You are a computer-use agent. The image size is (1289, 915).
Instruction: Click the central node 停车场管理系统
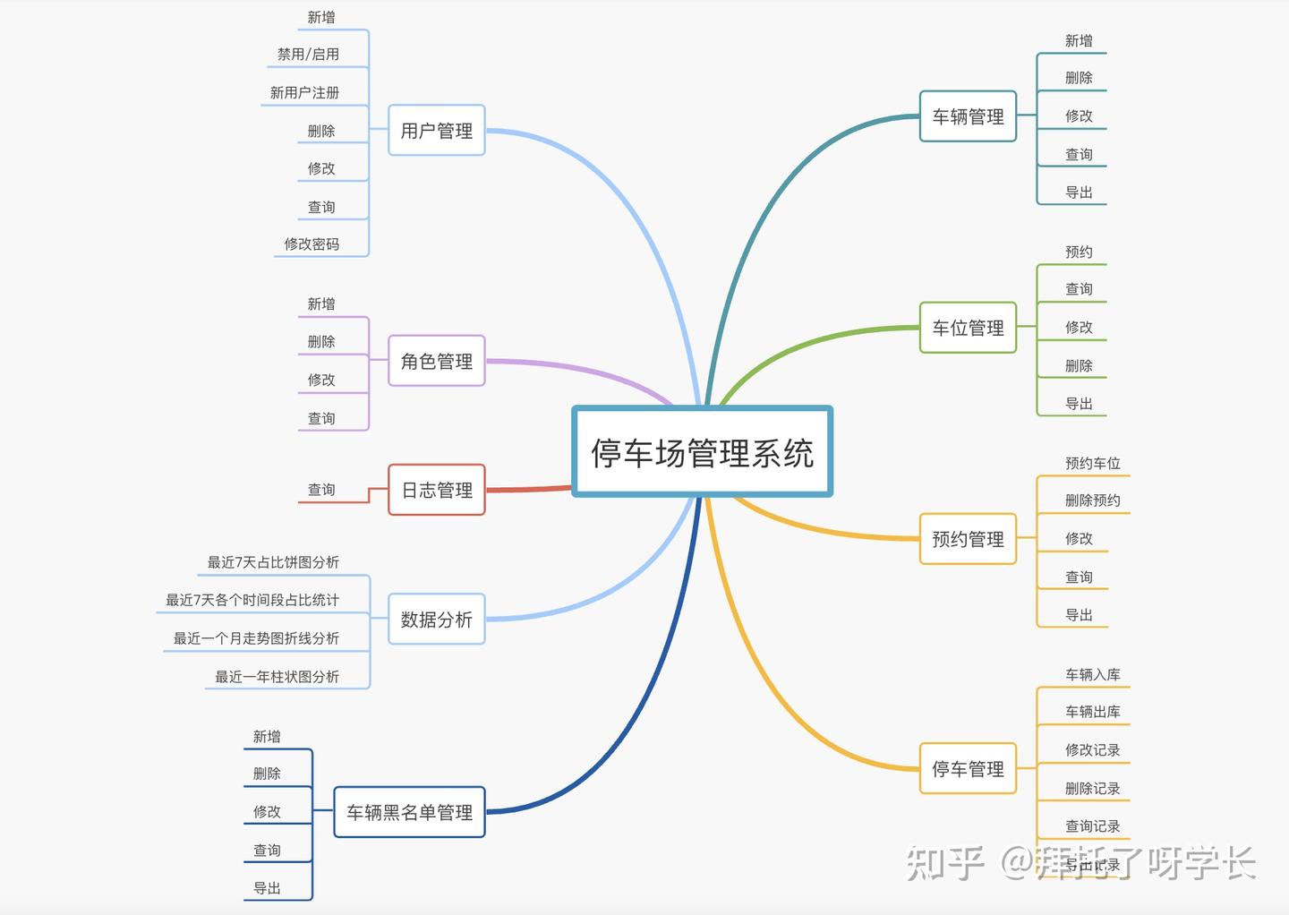pyautogui.click(x=703, y=452)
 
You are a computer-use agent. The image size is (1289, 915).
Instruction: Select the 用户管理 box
pyautogui.click(x=437, y=131)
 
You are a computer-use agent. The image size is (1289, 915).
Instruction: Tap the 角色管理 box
pyautogui.click(x=437, y=361)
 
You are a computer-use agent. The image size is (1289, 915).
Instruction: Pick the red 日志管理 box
pyautogui.click(x=437, y=490)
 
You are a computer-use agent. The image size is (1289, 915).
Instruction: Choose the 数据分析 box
pyautogui.click(x=437, y=619)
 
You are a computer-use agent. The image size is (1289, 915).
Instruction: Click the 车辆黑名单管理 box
pyautogui.click(x=409, y=812)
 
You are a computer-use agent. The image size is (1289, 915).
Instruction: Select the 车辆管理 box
pyautogui.click(x=968, y=116)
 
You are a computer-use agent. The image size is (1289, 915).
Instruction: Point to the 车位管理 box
pyautogui.click(x=968, y=328)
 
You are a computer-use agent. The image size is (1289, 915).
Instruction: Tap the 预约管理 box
pyautogui.click(x=968, y=539)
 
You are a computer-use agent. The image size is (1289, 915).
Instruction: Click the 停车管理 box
pyautogui.click(x=968, y=768)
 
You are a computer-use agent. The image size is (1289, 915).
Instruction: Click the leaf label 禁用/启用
pyautogui.click(x=308, y=54)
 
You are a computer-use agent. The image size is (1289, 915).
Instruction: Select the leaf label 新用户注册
pyautogui.click(x=304, y=92)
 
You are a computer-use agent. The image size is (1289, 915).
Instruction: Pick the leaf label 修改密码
pyautogui.click(x=312, y=244)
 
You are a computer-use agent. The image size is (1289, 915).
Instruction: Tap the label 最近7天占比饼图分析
pyautogui.click(x=273, y=561)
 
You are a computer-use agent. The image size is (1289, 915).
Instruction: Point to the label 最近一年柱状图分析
pyautogui.click(x=277, y=676)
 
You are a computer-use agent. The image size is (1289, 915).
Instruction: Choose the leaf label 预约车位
pyautogui.click(x=1092, y=463)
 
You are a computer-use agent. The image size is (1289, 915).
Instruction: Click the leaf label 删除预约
pyautogui.click(x=1092, y=500)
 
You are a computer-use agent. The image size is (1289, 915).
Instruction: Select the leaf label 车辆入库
pyautogui.click(x=1092, y=674)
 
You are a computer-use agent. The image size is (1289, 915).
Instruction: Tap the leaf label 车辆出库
pyautogui.click(x=1092, y=712)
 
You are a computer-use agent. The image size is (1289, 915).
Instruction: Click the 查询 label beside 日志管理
pyautogui.click(x=321, y=490)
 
